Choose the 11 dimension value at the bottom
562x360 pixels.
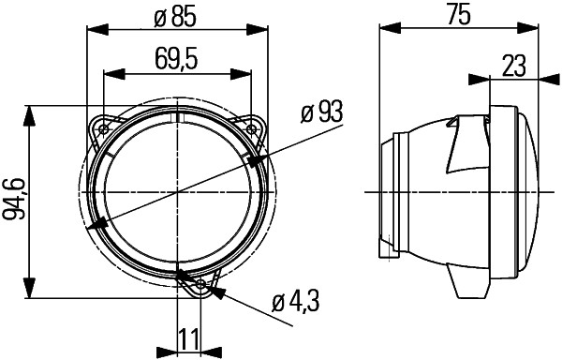click(x=188, y=337)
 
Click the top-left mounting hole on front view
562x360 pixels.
click(x=103, y=127)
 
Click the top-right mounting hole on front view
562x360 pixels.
click(x=253, y=127)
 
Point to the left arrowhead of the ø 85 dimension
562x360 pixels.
click(x=94, y=29)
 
